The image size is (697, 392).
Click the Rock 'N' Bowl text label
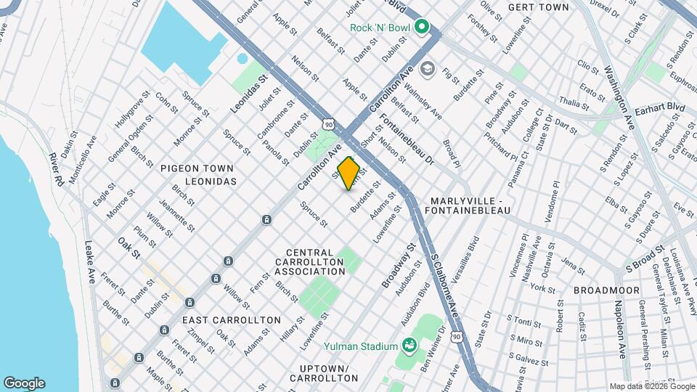(380, 28)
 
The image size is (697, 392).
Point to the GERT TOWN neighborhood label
(538, 7)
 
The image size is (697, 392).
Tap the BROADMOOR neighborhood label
(606, 290)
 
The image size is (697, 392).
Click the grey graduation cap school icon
(427, 68)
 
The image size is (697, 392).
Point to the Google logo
(24, 383)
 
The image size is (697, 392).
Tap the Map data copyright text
(651, 386)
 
